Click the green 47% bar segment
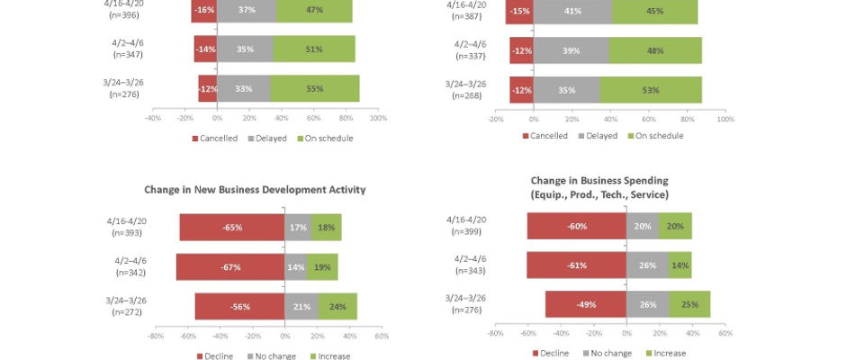click(314, 9)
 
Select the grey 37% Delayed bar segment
click(246, 9)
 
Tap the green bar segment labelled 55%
click(314, 88)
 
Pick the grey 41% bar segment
click(572, 11)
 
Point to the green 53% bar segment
click(651, 90)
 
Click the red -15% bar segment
click(518, 11)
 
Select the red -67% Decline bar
click(229, 267)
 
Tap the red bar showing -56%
click(239, 306)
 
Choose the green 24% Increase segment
click(337, 306)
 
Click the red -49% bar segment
click(585, 304)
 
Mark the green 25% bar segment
click(689, 304)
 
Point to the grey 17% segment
click(298, 228)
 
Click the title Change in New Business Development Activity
click(255, 190)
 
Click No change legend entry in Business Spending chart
click(607, 353)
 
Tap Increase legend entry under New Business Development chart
click(328, 355)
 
